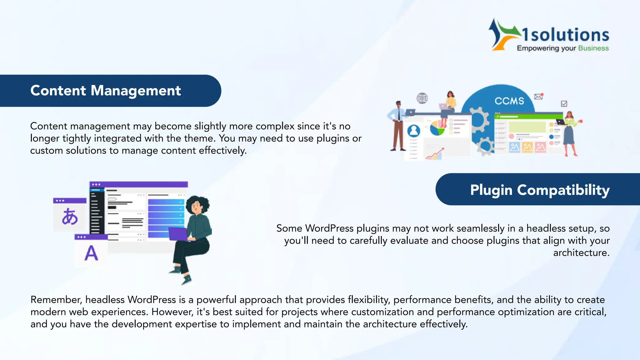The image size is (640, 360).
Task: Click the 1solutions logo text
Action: (x=566, y=35)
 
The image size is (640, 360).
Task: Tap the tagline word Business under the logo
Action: (x=593, y=48)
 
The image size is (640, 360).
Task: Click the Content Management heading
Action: (x=106, y=91)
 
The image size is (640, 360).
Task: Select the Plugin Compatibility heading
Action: (x=540, y=190)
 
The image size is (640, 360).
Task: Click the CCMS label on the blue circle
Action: (x=509, y=101)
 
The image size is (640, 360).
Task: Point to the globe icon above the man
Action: (x=422, y=98)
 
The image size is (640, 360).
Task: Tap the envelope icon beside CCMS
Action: (x=538, y=97)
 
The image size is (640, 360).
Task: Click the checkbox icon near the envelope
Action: (x=564, y=103)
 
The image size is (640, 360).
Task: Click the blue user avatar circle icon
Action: (x=414, y=131)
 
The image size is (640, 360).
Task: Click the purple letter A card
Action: (x=91, y=253)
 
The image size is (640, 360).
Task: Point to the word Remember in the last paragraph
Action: (x=56, y=300)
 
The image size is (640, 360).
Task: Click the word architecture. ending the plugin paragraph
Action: (x=581, y=252)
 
